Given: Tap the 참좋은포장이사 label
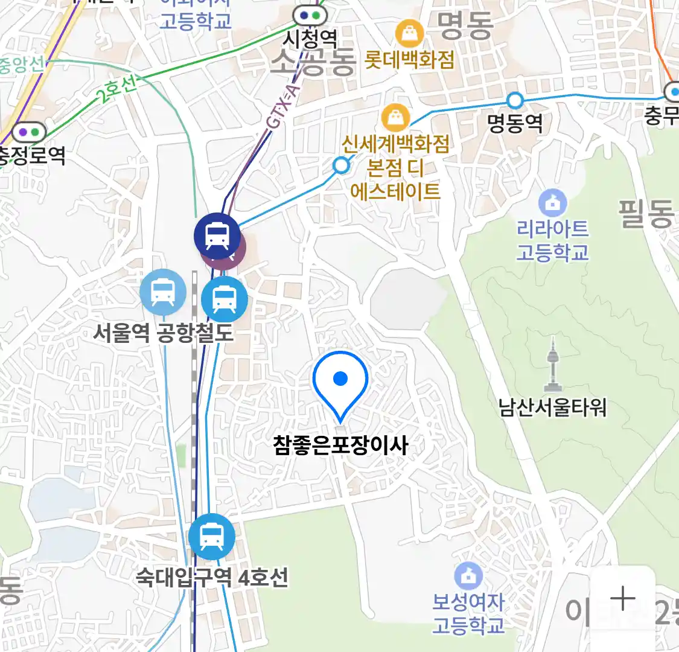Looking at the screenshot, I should tap(340, 446).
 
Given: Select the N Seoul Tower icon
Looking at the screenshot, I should tap(553, 365).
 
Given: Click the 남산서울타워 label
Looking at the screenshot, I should tap(552, 407).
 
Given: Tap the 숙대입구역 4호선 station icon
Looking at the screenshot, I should tap(211, 536).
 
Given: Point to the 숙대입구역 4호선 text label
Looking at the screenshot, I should tap(211, 578).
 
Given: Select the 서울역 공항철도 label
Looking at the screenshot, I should tap(163, 333).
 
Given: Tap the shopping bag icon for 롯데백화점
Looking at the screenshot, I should tap(410, 34).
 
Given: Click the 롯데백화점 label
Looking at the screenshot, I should tap(410, 60).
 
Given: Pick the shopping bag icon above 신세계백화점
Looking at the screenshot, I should tap(396, 118).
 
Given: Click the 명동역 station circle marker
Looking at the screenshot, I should tap(515, 100).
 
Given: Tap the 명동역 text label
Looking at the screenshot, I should tap(515, 124).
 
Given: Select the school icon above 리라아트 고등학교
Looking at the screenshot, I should tap(552, 203).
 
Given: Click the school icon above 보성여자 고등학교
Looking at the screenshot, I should tap(468, 577).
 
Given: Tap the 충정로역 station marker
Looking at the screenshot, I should tap(28, 132).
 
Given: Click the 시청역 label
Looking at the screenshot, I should tap(310, 40).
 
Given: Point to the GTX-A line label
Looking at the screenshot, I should tap(283, 108).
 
